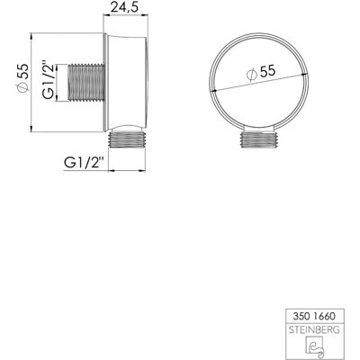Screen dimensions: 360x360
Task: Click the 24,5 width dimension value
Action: pos(124,7)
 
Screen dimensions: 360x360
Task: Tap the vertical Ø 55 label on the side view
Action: pos(22,78)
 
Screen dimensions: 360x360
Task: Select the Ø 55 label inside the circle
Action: pos(260,73)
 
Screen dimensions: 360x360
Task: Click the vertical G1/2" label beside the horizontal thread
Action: pos(48,80)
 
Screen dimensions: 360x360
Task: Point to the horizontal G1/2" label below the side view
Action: pos(84,163)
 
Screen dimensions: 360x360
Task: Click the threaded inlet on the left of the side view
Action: pos(86,83)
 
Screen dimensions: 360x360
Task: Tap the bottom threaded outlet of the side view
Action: pos(127,139)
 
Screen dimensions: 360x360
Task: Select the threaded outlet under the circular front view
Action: pos(260,139)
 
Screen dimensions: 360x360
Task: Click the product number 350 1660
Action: pos(315,316)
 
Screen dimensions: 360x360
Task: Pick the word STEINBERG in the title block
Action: pos(314,330)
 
